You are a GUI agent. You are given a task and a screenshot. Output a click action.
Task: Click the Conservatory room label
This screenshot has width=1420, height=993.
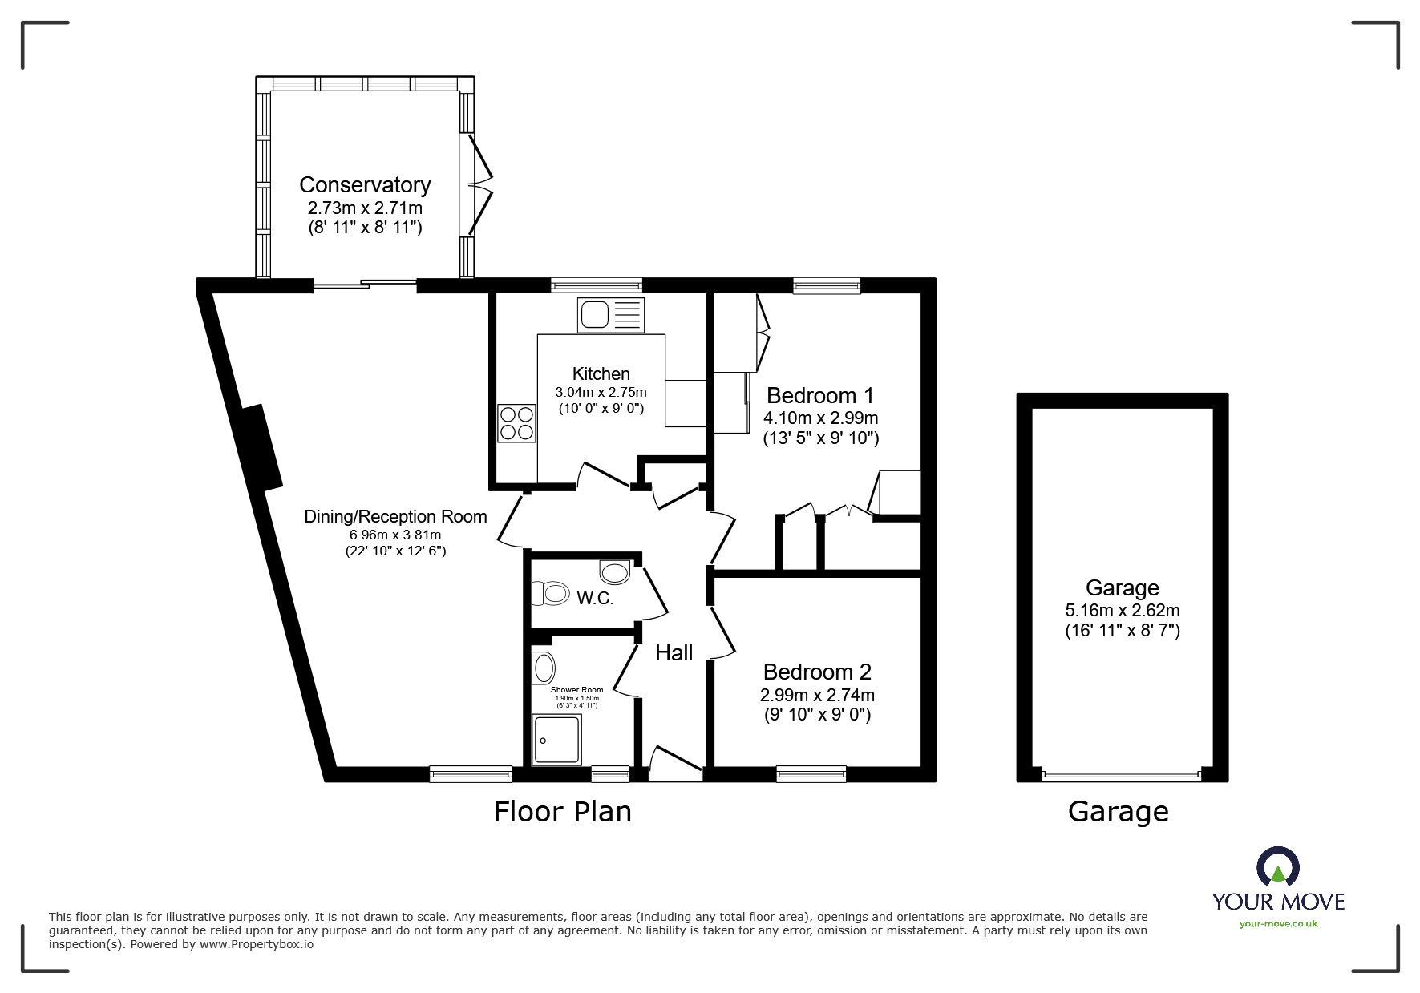365,185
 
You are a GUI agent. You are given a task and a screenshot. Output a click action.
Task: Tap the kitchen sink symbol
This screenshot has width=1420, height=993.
610,314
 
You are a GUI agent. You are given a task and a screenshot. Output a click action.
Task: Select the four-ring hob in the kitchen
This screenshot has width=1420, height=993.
516,423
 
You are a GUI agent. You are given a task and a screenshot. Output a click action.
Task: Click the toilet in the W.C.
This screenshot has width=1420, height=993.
551,594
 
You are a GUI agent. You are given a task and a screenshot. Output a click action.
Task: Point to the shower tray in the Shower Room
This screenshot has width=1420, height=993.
556,739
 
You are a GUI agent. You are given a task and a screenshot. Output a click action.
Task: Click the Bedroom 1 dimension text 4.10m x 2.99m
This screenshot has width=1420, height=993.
820,418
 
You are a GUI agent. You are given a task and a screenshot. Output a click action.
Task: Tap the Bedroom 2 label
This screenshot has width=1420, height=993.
817,672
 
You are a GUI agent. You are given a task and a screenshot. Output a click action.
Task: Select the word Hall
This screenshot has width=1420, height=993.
674,653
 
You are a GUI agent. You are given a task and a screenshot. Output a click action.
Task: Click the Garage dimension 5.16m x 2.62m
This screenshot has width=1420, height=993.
1122,610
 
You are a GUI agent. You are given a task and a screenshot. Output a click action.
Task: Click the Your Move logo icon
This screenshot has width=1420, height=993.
1277,868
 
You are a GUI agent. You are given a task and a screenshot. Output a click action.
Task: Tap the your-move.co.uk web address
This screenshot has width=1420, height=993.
1278,923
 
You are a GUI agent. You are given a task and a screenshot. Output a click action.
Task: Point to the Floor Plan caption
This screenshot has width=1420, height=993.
562,812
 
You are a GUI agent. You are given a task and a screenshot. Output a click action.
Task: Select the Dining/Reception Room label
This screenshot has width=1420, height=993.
395,517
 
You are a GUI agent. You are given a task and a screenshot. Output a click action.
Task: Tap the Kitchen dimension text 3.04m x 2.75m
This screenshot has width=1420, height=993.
601,392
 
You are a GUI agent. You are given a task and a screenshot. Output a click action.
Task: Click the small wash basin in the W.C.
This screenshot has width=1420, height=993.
614,572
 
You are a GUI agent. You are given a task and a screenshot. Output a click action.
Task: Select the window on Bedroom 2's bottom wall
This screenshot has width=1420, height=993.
811,773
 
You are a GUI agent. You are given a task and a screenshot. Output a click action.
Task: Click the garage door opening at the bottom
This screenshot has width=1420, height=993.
1121,775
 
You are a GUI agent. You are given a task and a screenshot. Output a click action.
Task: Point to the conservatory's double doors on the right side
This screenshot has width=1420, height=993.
478,186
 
